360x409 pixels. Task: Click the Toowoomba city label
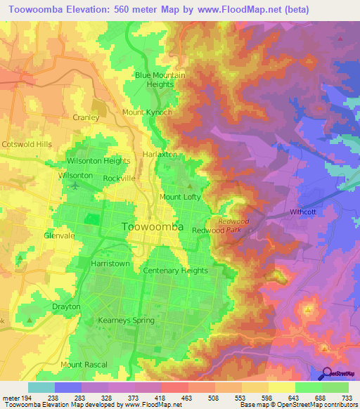click(153, 227)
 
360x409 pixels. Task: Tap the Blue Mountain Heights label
click(160, 80)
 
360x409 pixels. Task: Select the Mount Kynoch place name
click(147, 112)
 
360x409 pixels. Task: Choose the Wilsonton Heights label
click(98, 161)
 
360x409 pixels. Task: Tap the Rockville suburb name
click(119, 178)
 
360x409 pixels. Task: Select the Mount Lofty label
click(181, 197)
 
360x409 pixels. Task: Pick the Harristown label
click(110, 263)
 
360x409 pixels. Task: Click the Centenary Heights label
click(175, 271)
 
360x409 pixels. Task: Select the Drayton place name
click(66, 307)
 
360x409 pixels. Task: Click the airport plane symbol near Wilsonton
click(75, 186)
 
